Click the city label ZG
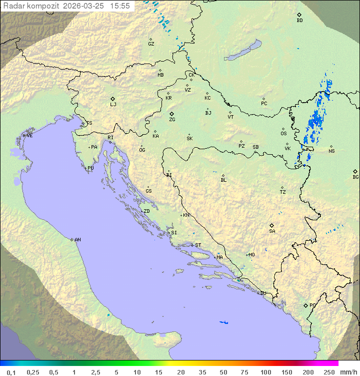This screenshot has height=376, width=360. [x=172, y=120]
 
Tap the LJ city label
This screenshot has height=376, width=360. [x=113, y=105]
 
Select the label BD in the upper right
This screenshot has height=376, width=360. [x=299, y=21]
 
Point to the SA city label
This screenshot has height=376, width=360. [x=272, y=231]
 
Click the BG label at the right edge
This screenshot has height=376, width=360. [x=355, y=177]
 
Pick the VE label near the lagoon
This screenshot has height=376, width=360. [x=29, y=136]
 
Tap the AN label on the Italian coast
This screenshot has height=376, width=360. [x=77, y=240]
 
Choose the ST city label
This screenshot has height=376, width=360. [x=198, y=245]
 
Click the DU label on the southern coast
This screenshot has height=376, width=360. [x=262, y=293]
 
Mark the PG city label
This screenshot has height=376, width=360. [x=312, y=305]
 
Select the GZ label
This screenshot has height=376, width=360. [x=151, y=44]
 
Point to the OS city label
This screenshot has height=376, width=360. [x=283, y=134]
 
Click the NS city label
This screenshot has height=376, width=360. [x=331, y=151]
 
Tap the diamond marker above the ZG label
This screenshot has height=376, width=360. [x=171, y=114]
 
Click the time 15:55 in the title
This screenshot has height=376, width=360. [x=120, y=6]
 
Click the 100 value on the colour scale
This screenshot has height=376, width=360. [x=265, y=372]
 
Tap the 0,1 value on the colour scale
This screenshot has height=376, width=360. [x=11, y=372]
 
